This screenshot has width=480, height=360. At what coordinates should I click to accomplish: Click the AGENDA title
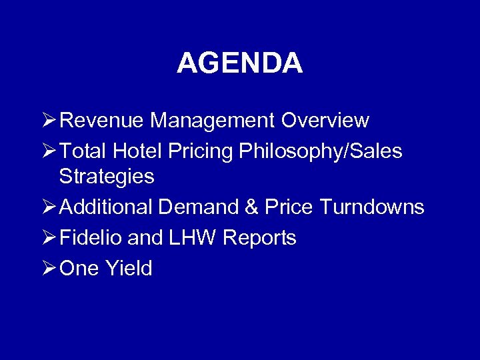point(239,63)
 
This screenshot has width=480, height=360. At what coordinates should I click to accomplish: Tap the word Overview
point(325,121)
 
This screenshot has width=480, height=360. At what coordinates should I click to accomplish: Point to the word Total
point(83,151)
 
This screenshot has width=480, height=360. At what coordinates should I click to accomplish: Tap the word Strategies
point(107,177)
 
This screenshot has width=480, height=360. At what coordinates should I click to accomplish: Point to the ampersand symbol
point(251,207)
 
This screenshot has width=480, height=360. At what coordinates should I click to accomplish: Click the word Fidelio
point(85,238)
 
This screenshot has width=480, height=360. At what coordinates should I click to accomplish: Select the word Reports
point(259,239)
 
